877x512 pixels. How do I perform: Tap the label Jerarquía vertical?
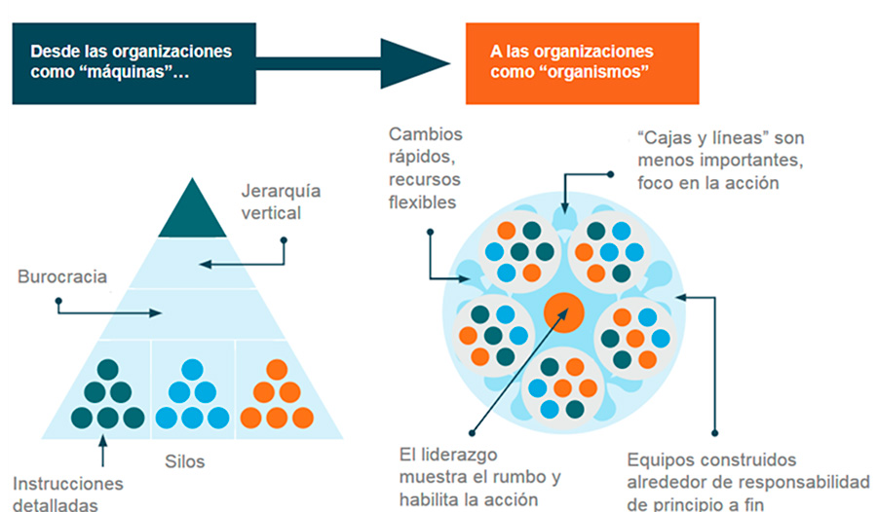(280, 201)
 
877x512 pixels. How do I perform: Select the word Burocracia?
(62, 276)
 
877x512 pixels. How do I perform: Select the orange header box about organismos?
(582, 62)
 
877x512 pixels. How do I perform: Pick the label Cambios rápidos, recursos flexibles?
(426, 168)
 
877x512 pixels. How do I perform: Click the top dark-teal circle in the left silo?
(108, 370)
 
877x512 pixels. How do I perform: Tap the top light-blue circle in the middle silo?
(193, 370)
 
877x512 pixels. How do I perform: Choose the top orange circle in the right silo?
(277, 370)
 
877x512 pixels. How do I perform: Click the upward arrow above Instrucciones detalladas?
(102, 450)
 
